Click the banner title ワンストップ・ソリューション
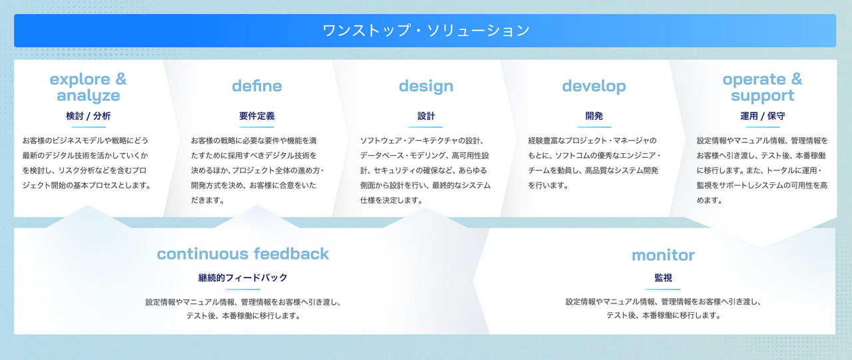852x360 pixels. pyautogui.click(x=425, y=31)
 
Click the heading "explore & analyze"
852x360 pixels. pyautogui.click(x=89, y=87)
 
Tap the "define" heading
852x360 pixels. pyautogui.click(x=257, y=87)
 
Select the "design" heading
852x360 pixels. pyautogui.click(x=426, y=87)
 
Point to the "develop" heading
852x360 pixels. pyautogui.click(x=594, y=87)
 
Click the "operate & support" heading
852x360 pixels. pyautogui.click(x=763, y=87)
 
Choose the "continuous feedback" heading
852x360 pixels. pyautogui.click(x=243, y=254)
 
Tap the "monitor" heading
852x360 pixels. pyautogui.click(x=664, y=256)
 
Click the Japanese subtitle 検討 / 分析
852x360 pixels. pyautogui.click(x=89, y=116)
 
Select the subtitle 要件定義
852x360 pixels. pyautogui.click(x=257, y=116)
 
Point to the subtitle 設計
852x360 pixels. pyautogui.click(x=426, y=116)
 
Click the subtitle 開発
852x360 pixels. pyautogui.click(x=594, y=116)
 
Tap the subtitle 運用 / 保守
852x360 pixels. pyautogui.click(x=763, y=116)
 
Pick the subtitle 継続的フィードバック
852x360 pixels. pyautogui.click(x=243, y=278)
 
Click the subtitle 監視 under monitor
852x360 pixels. pyautogui.click(x=664, y=278)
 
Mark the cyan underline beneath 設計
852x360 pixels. pyautogui.click(x=425, y=127)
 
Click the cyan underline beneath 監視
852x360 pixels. pyautogui.click(x=664, y=289)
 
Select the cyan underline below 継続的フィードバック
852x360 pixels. pyautogui.click(x=243, y=289)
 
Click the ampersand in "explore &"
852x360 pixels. pyautogui.click(x=121, y=79)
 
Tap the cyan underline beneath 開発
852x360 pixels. pyautogui.click(x=594, y=127)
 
